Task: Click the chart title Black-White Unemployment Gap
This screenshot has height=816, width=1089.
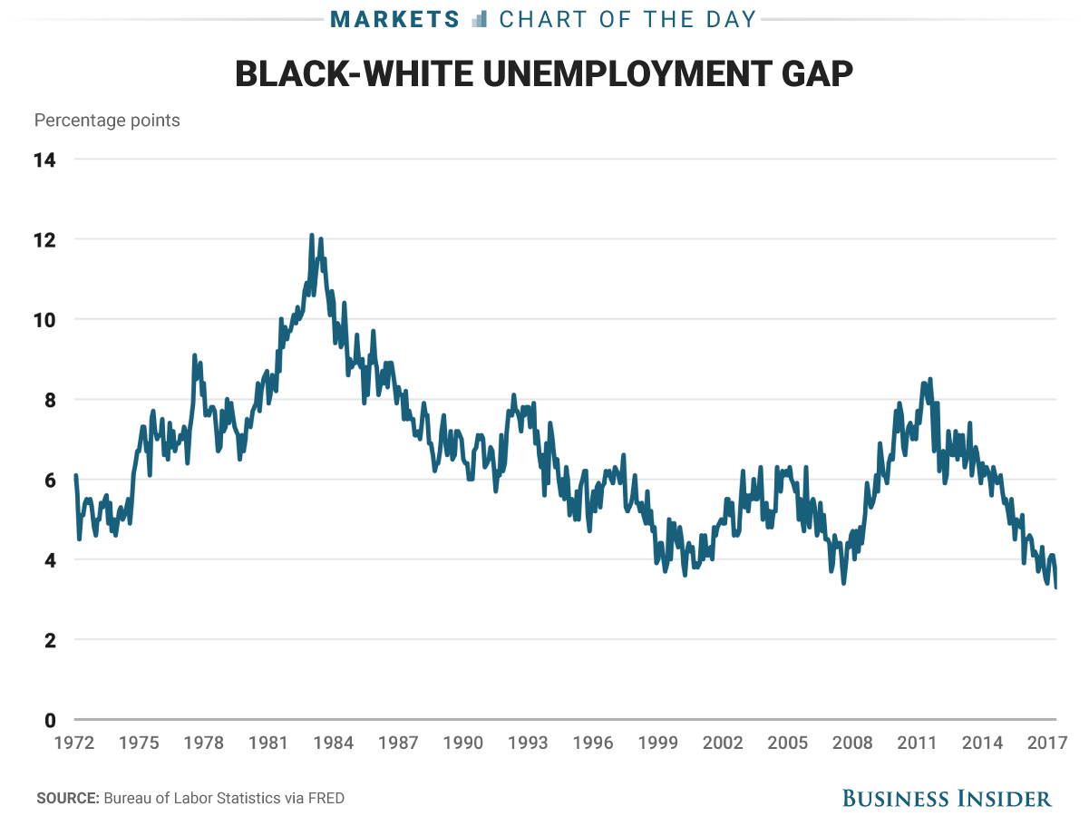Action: pos(544,74)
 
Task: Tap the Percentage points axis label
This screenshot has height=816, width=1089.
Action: pos(107,121)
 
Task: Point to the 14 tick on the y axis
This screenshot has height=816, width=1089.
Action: pos(44,160)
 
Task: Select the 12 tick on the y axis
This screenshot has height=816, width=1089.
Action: pos(44,240)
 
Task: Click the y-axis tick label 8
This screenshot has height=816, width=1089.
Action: pos(50,400)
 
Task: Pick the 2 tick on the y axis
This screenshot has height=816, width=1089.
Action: pos(50,640)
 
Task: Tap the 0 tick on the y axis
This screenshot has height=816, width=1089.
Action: pos(50,720)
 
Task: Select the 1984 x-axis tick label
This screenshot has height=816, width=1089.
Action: pos(334,743)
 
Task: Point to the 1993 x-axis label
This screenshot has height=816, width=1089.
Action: pos(528,743)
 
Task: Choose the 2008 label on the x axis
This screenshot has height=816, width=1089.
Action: pos(852,743)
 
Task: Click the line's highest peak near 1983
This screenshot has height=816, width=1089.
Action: pos(312,235)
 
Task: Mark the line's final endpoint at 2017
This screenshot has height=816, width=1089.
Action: pos(1056,588)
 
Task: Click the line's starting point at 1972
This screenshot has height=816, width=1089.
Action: pos(75,475)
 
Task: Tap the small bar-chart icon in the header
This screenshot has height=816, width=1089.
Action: pos(481,18)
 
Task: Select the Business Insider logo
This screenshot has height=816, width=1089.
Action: pos(947,798)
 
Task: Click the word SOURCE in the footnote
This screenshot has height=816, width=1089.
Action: pos(66,799)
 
